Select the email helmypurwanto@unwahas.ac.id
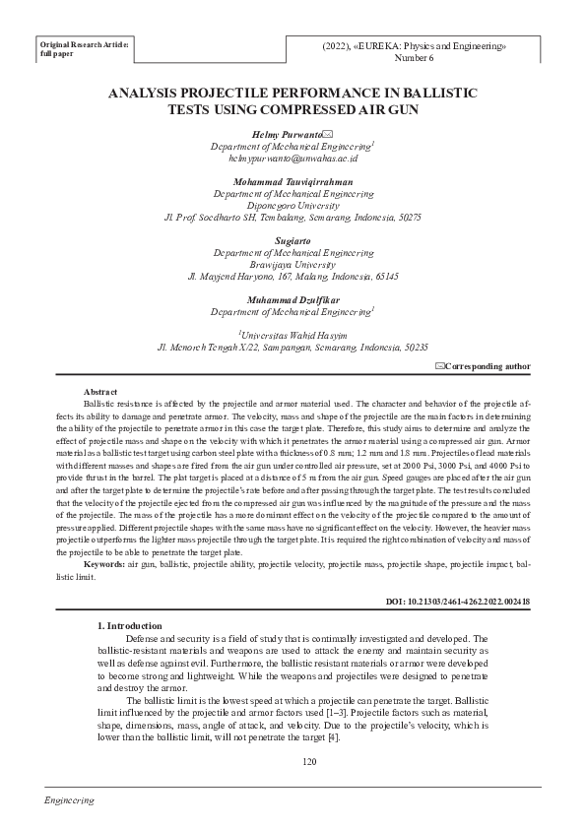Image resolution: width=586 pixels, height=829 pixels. click(x=293, y=158)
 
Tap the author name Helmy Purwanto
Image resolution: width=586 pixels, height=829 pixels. click(x=281, y=133)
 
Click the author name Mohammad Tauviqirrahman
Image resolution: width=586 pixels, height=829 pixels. click(x=293, y=182)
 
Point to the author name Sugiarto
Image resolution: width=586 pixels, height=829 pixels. click(x=293, y=240)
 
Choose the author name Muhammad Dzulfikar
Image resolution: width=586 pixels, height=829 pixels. click(x=293, y=299)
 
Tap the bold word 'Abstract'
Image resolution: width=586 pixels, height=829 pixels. click(x=101, y=391)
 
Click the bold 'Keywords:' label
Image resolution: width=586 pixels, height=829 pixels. click(x=105, y=564)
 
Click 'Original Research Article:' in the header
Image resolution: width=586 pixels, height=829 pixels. click(x=83, y=45)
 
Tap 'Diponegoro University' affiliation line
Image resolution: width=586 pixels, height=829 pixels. click(x=293, y=206)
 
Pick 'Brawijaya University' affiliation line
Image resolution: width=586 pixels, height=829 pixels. click(x=293, y=264)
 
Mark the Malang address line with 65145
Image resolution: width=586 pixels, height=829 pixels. click(x=293, y=277)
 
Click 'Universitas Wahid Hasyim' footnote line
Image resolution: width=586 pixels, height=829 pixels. click(x=293, y=336)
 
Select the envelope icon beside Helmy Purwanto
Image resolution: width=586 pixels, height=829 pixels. click(x=328, y=134)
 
